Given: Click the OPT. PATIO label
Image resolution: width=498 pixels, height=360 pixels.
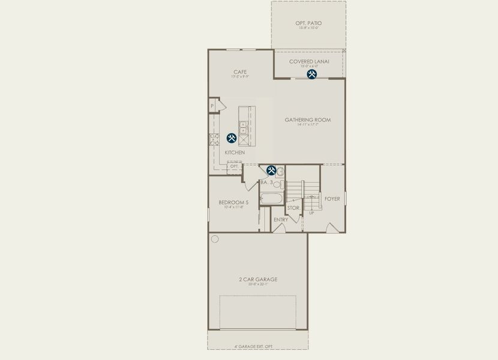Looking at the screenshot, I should (x=308, y=23).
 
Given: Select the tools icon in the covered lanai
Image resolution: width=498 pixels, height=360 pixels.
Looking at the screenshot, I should (x=312, y=74).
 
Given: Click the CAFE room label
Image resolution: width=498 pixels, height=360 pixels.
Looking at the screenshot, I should (x=240, y=72).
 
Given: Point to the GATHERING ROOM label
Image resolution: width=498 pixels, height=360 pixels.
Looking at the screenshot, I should (x=308, y=120).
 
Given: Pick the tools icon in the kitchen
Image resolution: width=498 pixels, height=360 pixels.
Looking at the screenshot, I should (x=232, y=138).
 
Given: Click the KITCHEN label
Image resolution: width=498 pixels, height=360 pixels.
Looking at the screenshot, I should (x=235, y=152).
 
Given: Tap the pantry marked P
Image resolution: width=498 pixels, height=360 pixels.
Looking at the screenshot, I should (x=212, y=106).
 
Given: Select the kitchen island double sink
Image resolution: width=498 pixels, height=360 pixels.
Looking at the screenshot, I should (x=244, y=128).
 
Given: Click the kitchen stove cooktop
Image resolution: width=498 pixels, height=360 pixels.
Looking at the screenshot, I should (x=214, y=140).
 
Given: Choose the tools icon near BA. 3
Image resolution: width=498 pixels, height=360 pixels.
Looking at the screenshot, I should (x=271, y=170).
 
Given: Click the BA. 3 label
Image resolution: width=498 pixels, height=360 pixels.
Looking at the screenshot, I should (x=266, y=182).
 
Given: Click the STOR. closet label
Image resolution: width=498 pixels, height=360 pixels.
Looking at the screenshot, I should (x=293, y=208).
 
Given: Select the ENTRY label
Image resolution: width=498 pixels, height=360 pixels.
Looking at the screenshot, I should (x=281, y=220).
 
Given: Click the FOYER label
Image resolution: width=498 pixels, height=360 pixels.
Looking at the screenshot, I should (x=332, y=199).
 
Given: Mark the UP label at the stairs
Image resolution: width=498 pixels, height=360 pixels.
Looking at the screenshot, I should (x=311, y=213).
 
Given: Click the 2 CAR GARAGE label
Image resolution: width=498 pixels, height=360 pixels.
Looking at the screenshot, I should (x=258, y=279).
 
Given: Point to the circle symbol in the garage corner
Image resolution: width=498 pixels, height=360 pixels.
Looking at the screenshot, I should (x=215, y=239).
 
